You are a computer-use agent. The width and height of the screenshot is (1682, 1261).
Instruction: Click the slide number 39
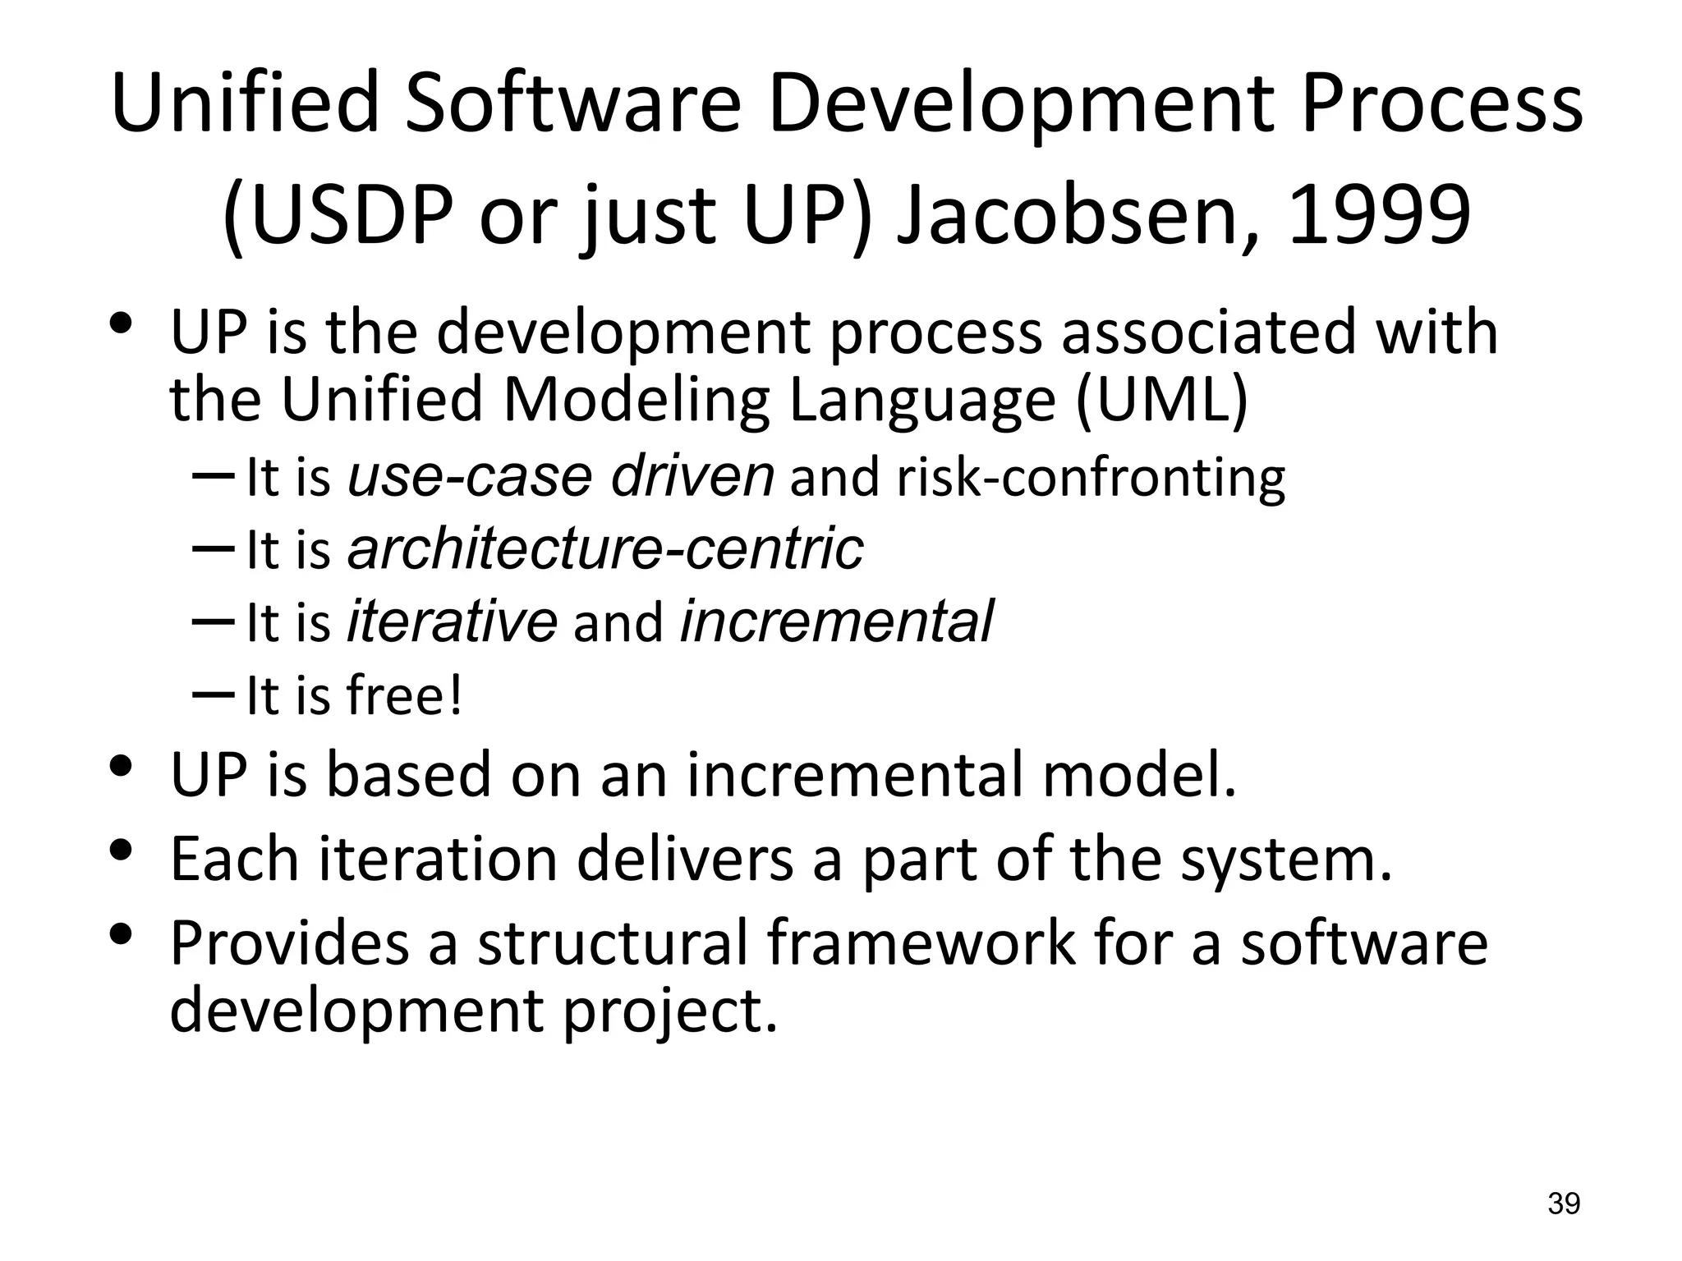(x=1564, y=1204)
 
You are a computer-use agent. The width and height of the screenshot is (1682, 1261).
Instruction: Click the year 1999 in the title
(x=1379, y=215)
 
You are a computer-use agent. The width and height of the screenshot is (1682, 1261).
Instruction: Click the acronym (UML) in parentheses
(x=1161, y=400)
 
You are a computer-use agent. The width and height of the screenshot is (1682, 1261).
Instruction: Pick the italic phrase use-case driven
(x=560, y=476)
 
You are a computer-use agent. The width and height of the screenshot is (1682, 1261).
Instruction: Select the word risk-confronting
(x=1091, y=478)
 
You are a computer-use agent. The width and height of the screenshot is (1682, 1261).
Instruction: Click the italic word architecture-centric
(x=605, y=548)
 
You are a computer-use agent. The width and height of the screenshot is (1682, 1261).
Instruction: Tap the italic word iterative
(x=453, y=621)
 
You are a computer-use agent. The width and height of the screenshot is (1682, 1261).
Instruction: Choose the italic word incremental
(x=837, y=621)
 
